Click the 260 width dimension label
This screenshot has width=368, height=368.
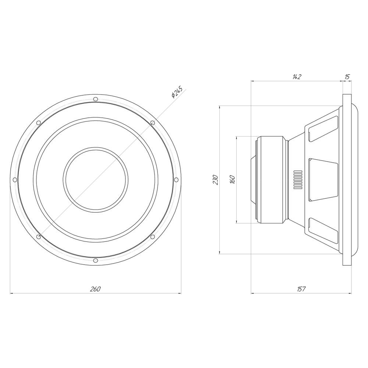pyautogui.click(x=95, y=289)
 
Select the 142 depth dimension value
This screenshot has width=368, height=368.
pyautogui.click(x=297, y=77)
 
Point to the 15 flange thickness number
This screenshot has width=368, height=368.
pyautogui.click(x=347, y=77)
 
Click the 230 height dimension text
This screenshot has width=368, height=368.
pyautogui.click(x=216, y=180)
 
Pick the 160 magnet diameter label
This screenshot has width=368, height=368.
pyautogui.click(x=232, y=180)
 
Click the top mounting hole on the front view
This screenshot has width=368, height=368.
pyautogui.click(x=95, y=99)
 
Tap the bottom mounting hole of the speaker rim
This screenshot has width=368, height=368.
pyautogui.click(x=95, y=261)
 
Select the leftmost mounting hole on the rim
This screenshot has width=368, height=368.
pyautogui.click(x=15, y=180)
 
